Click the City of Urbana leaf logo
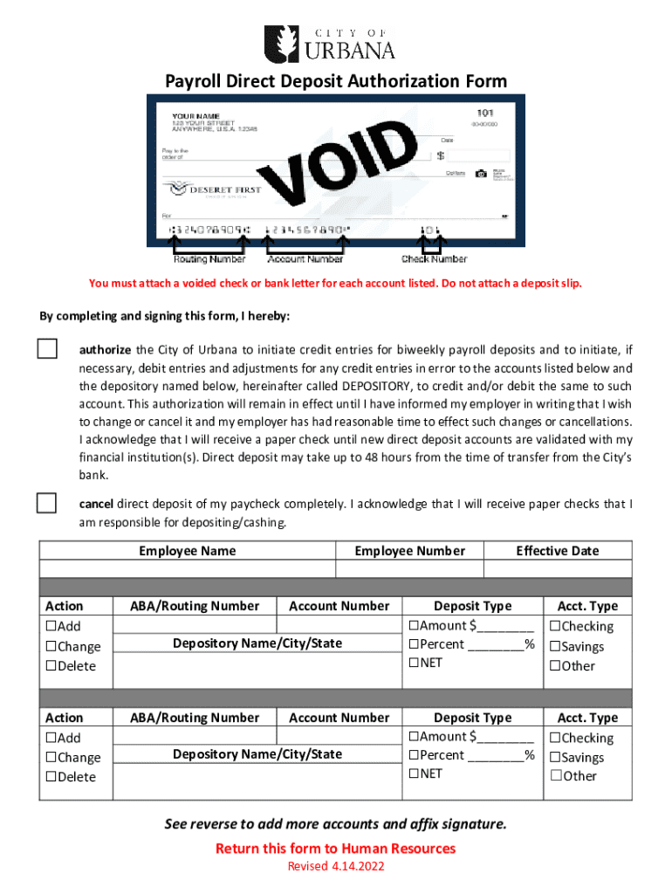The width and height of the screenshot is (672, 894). point(282,43)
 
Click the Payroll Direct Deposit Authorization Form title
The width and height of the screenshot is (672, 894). point(336,81)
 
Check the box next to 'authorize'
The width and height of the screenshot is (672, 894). point(46,348)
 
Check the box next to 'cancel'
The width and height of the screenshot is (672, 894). point(46,503)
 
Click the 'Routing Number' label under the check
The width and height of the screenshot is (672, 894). point(209,258)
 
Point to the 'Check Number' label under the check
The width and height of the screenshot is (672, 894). point(434,258)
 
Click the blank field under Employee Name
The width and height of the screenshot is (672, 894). point(188,568)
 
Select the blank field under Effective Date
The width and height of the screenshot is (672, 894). point(557,568)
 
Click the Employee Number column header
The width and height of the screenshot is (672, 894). point(409,551)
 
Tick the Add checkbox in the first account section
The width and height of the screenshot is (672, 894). point(51,626)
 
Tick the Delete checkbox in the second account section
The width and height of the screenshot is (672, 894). point(51,777)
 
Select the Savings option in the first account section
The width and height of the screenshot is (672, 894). point(554,647)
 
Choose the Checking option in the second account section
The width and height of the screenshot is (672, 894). point(554,739)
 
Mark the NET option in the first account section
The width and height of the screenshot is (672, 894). point(413,663)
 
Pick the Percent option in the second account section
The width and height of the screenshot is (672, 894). point(413,755)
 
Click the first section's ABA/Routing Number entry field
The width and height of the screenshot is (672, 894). point(195,624)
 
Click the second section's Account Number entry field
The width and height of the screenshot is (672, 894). point(339,735)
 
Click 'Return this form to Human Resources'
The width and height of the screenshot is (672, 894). point(335,849)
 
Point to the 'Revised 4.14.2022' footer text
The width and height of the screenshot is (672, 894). point(335,866)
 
